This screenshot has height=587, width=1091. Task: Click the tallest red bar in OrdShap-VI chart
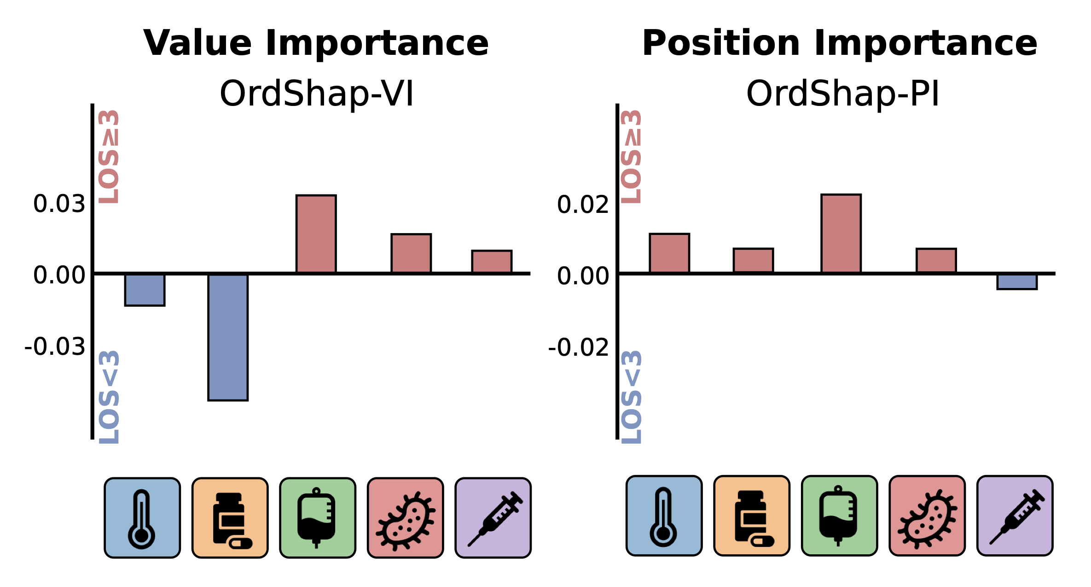coord(316,234)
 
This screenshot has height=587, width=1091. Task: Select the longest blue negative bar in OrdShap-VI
coord(228,337)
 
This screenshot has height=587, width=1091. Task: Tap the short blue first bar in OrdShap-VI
coord(145,290)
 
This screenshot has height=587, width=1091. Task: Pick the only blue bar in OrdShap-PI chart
coord(1017,282)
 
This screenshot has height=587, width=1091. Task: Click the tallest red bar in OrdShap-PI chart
coord(841,234)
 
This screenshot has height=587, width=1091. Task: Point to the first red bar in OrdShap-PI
coord(669,253)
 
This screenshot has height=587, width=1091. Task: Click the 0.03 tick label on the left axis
coord(59,204)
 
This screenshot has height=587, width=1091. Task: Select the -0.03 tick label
coord(55,346)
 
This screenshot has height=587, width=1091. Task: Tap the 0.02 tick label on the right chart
coord(583,205)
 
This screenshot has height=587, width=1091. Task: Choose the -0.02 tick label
coord(579,347)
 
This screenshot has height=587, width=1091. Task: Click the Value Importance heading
coord(316,43)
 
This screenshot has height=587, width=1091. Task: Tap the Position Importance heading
coord(840,43)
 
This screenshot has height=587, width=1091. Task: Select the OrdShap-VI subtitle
coord(317,94)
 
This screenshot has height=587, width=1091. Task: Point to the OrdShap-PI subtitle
coord(842,94)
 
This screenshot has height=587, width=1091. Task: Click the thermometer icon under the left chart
coord(142,518)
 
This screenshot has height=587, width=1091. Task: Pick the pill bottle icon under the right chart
coord(752,516)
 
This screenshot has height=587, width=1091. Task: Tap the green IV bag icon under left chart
coord(318,518)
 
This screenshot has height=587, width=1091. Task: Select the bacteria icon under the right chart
coord(927,516)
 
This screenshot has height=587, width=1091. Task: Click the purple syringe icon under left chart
coord(493,518)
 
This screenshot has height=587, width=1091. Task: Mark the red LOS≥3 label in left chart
coord(110,157)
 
